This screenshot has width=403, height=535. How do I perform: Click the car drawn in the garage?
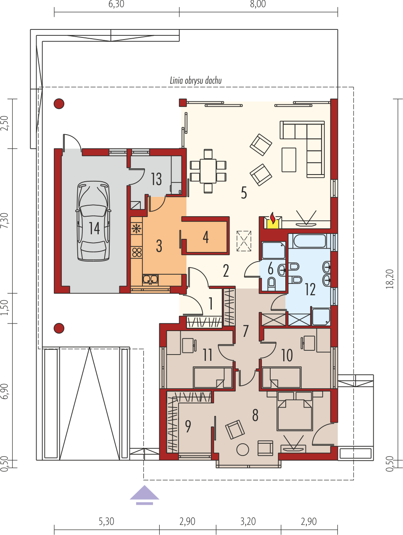coord(93,221)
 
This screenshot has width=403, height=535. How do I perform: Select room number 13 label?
coord(156,179)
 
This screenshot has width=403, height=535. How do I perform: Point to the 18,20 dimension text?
coord(390,279)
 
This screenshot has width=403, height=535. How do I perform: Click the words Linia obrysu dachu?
coord(196,80)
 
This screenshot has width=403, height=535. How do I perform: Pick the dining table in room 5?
coord(208,171)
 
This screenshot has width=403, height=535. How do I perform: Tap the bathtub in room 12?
coord(309,241)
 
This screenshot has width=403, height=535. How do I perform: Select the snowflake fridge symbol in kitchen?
coord(136,229)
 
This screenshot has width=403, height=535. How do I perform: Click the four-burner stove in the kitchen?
coord(137,252)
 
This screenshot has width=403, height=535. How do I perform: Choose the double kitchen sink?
coord(150,280)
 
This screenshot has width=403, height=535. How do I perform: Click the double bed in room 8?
coord(295,412)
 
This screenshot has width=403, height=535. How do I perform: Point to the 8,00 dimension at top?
coord(258,4)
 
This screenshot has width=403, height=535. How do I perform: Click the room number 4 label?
coord(206,237)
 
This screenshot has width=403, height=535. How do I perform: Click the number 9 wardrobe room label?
coord(188,426)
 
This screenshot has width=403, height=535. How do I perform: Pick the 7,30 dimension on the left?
coord(5,220)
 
